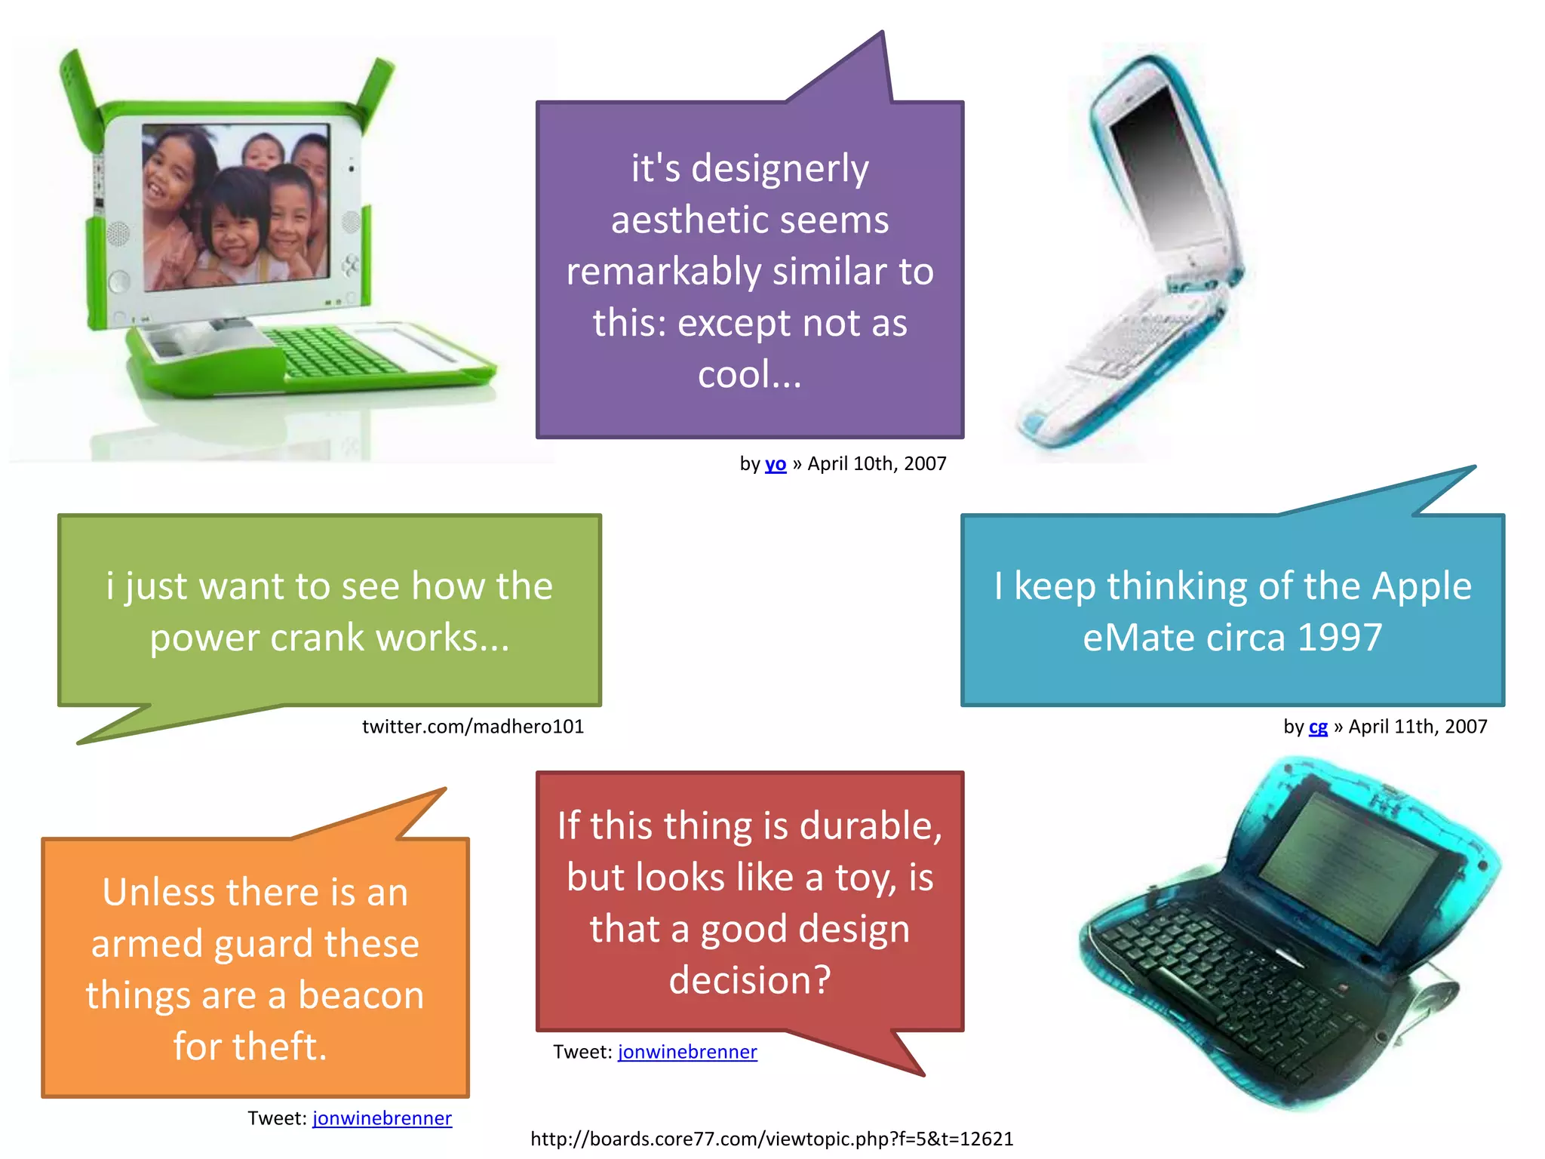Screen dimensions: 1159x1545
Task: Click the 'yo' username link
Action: pos(776,463)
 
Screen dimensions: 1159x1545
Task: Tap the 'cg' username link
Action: pos(1318,727)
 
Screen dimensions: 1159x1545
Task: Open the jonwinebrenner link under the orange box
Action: pos(382,1118)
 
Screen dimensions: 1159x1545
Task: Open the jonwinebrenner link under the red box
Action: pos(687,1052)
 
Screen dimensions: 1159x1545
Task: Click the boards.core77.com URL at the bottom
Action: pos(772,1139)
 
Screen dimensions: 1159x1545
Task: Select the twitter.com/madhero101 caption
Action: pos(473,727)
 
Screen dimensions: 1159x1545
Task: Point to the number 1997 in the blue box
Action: pos(1340,638)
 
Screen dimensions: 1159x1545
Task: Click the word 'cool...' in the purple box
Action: pos(749,374)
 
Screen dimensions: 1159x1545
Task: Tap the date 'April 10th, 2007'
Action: pos(877,463)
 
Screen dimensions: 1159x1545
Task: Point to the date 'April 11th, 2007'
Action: pos(1418,727)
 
